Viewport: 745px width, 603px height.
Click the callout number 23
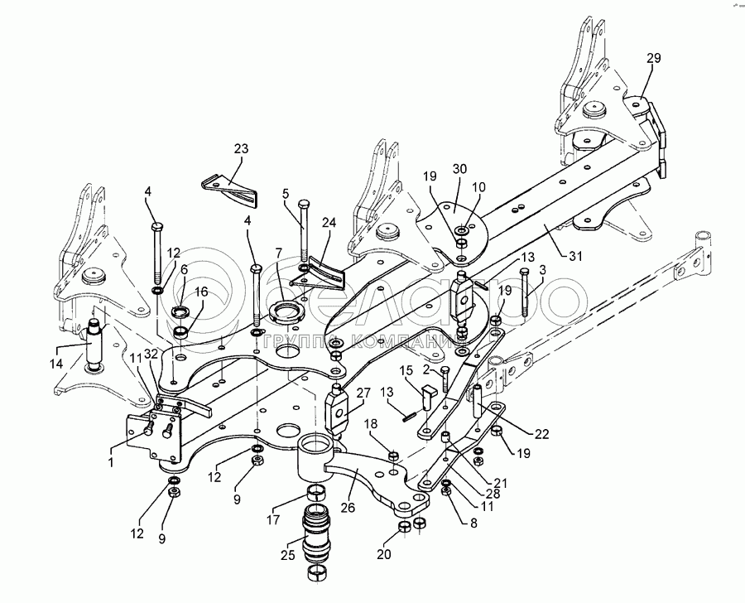click(241, 149)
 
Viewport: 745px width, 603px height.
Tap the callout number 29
click(653, 58)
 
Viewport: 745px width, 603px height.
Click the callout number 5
click(285, 195)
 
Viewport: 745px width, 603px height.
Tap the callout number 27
click(363, 394)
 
